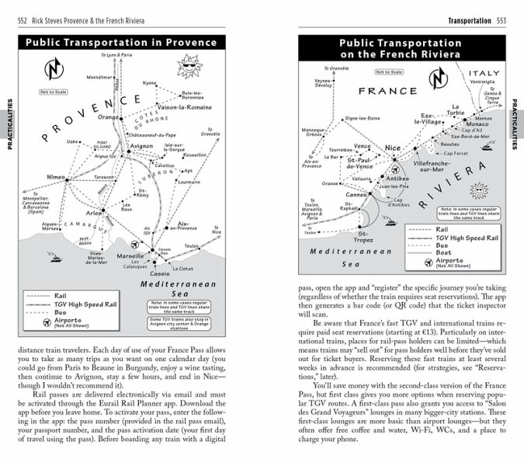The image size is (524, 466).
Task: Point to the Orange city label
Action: click(x=110, y=117)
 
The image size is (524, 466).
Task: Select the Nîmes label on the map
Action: click(x=57, y=177)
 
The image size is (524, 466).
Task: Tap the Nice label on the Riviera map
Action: click(x=393, y=148)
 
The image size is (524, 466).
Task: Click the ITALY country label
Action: click(x=484, y=72)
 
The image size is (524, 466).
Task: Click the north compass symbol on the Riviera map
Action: click(x=439, y=78)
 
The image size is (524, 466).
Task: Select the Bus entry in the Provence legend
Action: click(x=61, y=311)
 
